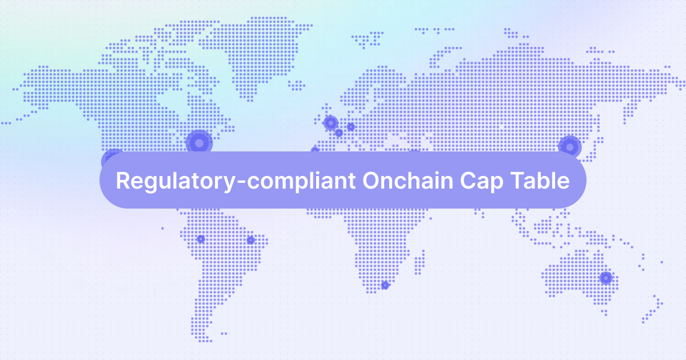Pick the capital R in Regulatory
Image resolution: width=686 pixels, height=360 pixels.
click(x=122, y=181)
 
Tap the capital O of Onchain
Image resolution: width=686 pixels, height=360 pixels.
click(x=370, y=181)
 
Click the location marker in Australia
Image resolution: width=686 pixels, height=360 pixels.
click(x=605, y=278)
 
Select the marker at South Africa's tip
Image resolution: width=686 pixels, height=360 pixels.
click(x=385, y=285)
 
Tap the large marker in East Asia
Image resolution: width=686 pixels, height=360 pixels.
click(x=569, y=147)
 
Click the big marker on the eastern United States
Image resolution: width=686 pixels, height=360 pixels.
click(x=199, y=143)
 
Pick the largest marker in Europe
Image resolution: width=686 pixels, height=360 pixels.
click(x=330, y=122)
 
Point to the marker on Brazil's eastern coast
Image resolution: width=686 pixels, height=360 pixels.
click(x=250, y=240)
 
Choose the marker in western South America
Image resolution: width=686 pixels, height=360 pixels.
click(x=200, y=239)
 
